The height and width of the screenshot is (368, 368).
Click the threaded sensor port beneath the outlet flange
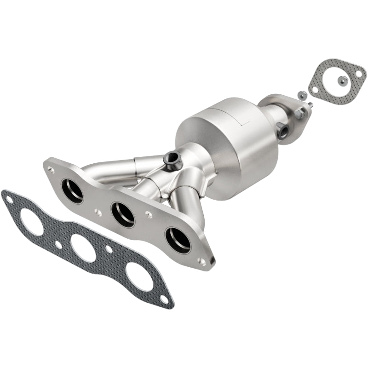pyautogui.click(x=284, y=131)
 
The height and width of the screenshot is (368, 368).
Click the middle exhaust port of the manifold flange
pyautogui.click(x=123, y=213)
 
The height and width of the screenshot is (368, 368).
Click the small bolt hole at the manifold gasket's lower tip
pyautogui.click(x=167, y=301)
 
